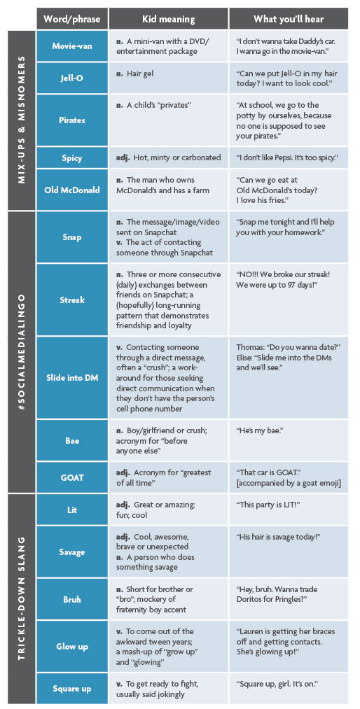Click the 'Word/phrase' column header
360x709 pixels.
pyautogui.click(x=72, y=19)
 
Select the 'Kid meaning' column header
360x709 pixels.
pyautogui.click(x=169, y=19)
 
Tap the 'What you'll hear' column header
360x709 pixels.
pyautogui.click(x=289, y=19)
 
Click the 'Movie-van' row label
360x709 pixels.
pyautogui.click(x=72, y=46)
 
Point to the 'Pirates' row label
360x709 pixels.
pyautogui.click(x=72, y=120)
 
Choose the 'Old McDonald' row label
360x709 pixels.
pyautogui.click(x=72, y=190)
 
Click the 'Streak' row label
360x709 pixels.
pyautogui.click(x=72, y=300)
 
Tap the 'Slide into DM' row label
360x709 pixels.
pyautogui.click(x=72, y=378)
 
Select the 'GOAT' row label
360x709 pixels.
pyautogui.click(x=72, y=477)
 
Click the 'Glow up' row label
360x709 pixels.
pyautogui.click(x=72, y=647)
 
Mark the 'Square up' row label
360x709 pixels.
pyautogui.click(x=72, y=689)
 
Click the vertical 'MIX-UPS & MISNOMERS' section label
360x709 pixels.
pyautogui.click(x=21, y=120)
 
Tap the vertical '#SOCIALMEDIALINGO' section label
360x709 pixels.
pyautogui.click(x=21, y=351)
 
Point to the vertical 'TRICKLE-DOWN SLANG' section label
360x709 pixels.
pyautogui.click(x=21, y=598)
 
